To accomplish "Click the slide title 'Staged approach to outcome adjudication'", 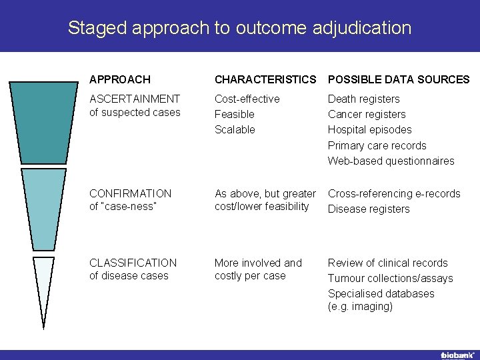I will pyautogui.click(x=239, y=28).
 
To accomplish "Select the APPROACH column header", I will pyautogui.click(x=120, y=79).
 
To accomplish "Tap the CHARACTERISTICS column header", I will pyautogui.click(x=265, y=79).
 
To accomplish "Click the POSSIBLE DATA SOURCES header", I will pyautogui.click(x=399, y=79).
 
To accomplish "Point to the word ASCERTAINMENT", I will pyautogui.click(x=135, y=99).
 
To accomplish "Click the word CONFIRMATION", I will pyautogui.click(x=130, y=193).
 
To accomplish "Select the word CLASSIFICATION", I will pyautogui.click(x=133, y=263).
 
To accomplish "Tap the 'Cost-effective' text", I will pyautogui.click(x=247, y=99).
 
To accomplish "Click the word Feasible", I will pyautogui.click(x=234, y=114).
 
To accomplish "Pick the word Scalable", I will pyautogui.click(x=235, y=129).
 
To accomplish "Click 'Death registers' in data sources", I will pyautogui.click(x=363, y=99).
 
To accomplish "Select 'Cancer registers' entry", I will pyautogui.click(x=366, y=114).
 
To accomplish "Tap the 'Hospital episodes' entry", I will pyautogui.click(x=369, y=129).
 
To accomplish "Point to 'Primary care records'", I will pyautogui.click(x=377, y=145).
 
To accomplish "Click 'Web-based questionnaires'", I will pyautogui.click(x=391, y=161).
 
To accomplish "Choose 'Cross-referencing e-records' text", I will pyautogui.click(x=393, y=193).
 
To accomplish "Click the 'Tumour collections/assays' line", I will pyautogui.click(x=390, y=278).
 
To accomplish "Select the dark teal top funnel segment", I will pyautogui.click(x=44, y=123).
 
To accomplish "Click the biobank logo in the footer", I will pyautogui.click(x=457, y=354).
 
